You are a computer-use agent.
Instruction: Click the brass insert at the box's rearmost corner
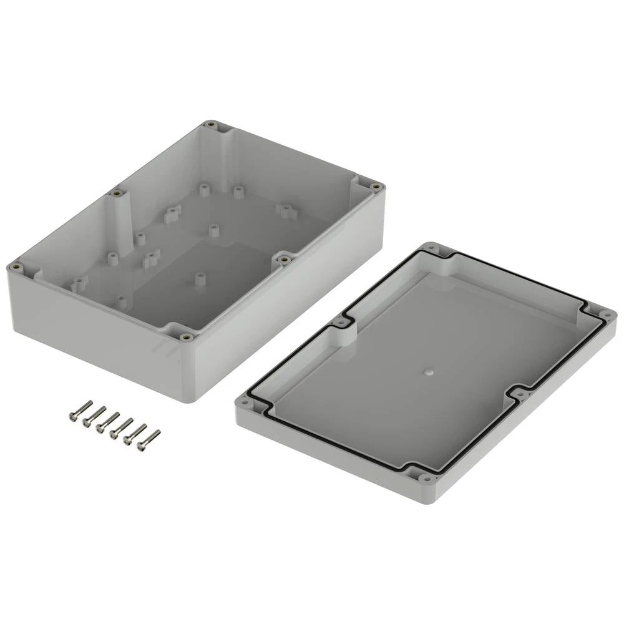tap(213, 125)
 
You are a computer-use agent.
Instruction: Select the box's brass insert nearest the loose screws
tap(185, 338)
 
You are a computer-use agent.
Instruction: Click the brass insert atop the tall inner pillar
tap(116, 193)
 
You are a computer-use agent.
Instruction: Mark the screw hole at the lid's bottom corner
tap(424, 479)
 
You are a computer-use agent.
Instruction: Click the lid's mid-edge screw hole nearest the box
tap(340, 323)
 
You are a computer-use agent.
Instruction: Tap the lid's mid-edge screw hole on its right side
tap(522, 394)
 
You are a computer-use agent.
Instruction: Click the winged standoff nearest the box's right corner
tap(285, 210)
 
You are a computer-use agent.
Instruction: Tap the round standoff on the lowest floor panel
tap(200, 280)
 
